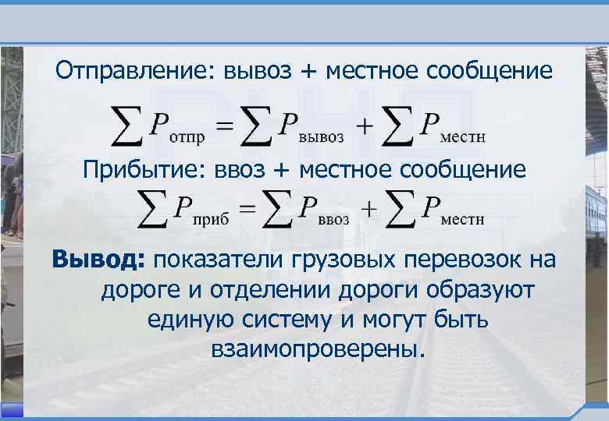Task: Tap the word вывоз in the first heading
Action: [x=259, y=73]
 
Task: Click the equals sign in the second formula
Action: [x=248, y=210]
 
